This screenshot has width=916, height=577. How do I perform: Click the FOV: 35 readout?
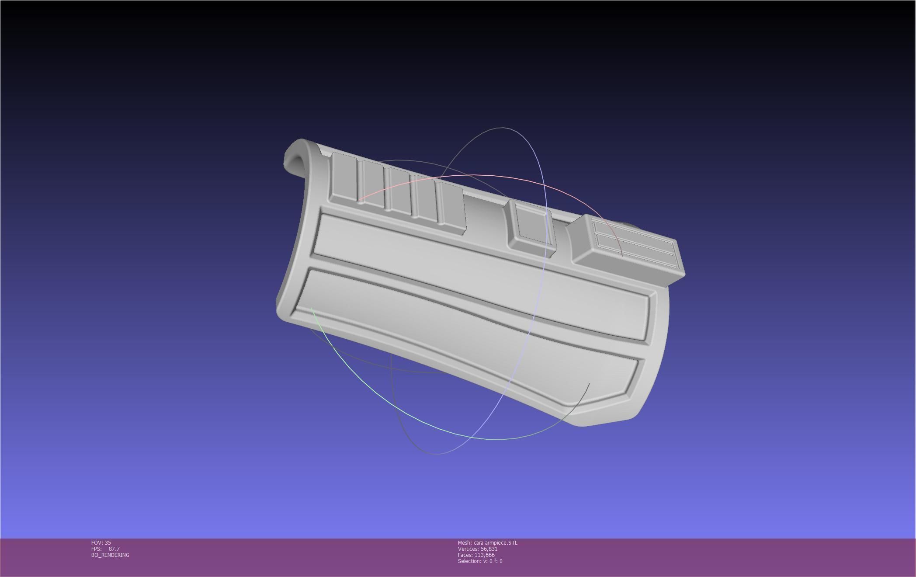click(101, 542)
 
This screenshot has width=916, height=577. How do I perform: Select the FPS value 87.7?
click(114, 549)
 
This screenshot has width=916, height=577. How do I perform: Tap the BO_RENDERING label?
click(110, 555)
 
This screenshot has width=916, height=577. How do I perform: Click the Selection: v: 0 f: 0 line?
click(480, 561)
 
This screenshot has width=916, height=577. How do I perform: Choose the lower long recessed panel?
click(459, 332)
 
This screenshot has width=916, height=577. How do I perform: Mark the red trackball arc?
click(481, 175)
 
